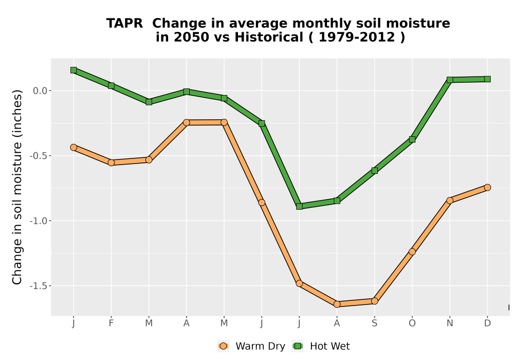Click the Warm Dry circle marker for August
tap(337, 304)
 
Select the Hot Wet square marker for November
tap(450, 80)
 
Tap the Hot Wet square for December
tap(487, 79)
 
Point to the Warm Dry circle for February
tap(111, 163)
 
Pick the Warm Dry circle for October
tap(412, 251)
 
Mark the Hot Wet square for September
tap(374, 171)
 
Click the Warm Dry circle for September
tap(374, 301)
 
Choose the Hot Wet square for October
tap(412, 139)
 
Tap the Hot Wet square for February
tap(111, 85)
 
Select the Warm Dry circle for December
tap(487, 187)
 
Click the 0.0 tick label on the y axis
tap(40, 91)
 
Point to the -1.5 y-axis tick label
tap(39, 286)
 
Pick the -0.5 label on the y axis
tap(39, 156)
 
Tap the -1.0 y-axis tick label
tap(39, 221)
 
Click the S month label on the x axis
tap(374, 323)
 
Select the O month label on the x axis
tap(412, 323)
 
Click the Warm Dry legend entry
tap(251, 346)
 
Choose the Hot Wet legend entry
tap(321, 346)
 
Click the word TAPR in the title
tap(124, 24)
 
